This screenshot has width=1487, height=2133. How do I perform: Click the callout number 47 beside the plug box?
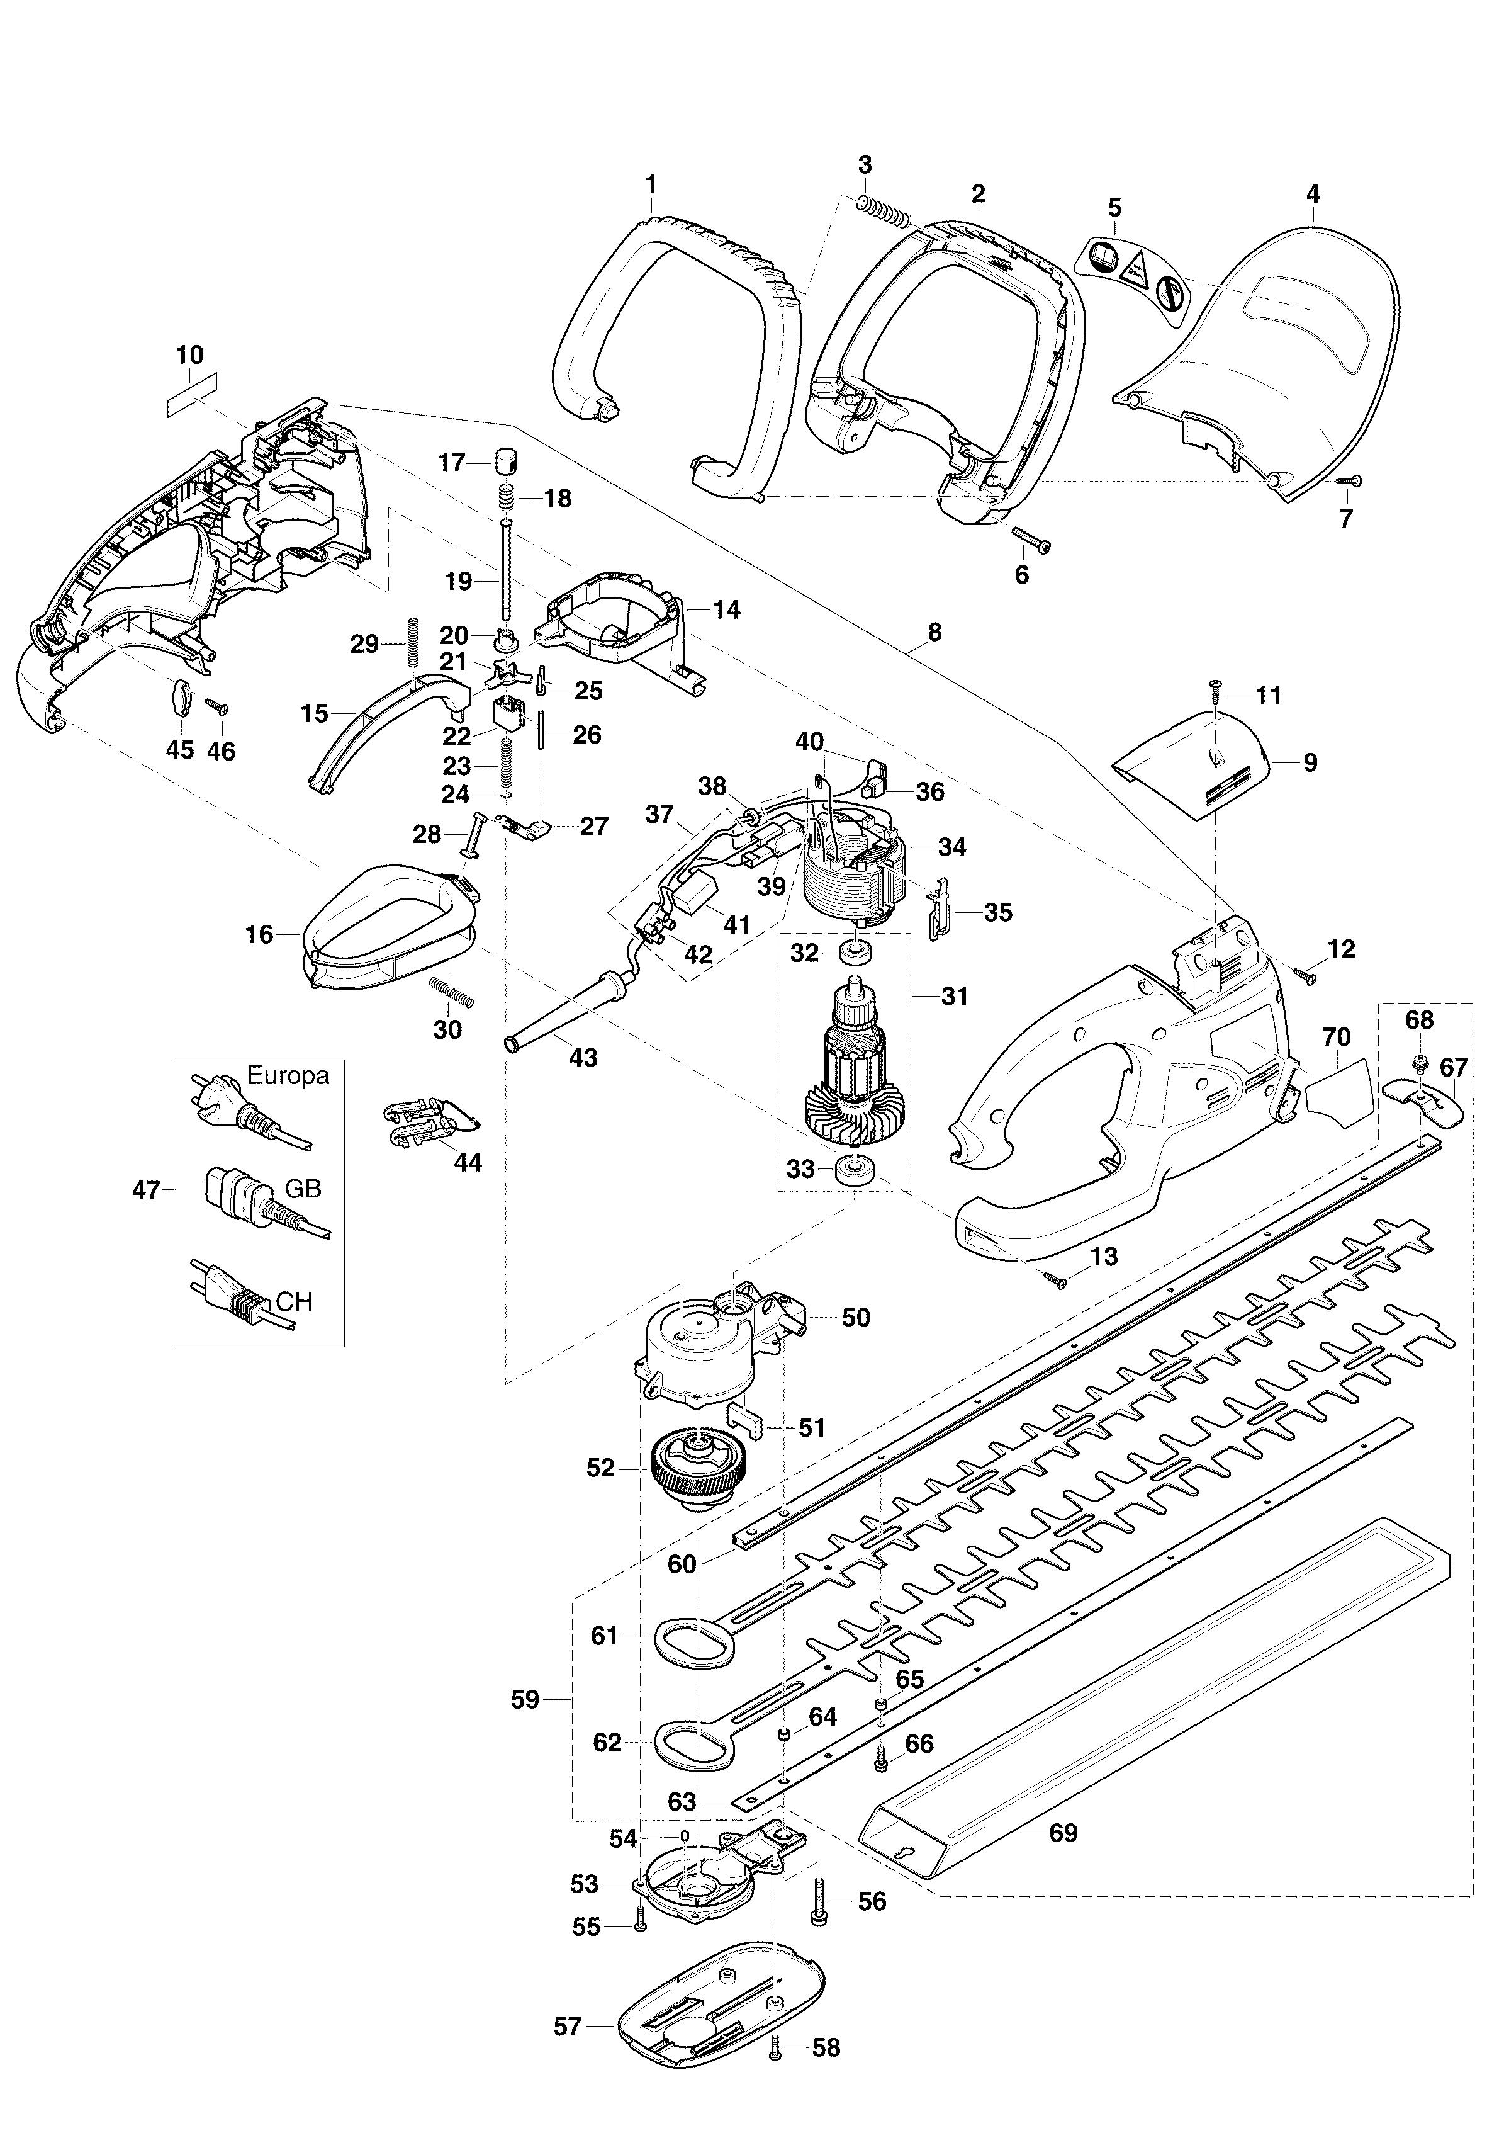point(147,1189)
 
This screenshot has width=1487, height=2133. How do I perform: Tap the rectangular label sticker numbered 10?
point(191,387)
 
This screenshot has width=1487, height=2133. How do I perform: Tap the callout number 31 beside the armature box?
point(954,996)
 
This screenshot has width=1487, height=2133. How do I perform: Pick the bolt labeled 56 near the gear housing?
point(819,1898)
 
